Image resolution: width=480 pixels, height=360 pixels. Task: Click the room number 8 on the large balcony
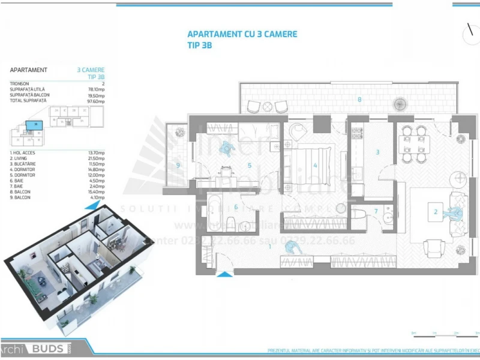pos(359,98)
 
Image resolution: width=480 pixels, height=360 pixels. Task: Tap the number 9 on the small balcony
pos(178,165)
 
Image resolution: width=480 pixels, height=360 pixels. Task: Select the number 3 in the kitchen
pos(377,152)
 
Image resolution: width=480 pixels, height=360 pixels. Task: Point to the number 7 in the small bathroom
pos(376,211)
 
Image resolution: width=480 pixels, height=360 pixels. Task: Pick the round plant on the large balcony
pos(400,104)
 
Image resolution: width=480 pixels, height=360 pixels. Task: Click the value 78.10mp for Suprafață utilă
pos(96,89)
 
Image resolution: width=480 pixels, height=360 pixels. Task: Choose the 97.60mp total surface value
pos(96,101)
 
